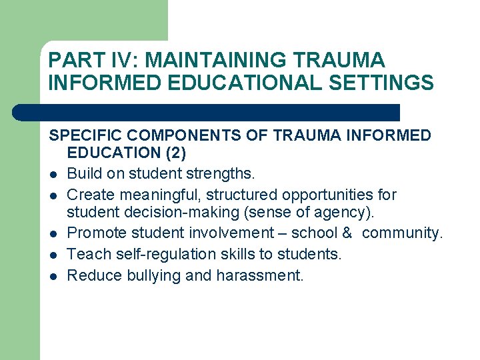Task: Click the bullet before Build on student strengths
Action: (x=53, y=175)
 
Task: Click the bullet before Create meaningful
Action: (x=53, y=196)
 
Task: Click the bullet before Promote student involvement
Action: (x=53, y=234)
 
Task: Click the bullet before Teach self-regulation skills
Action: (x=53, y=255)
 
